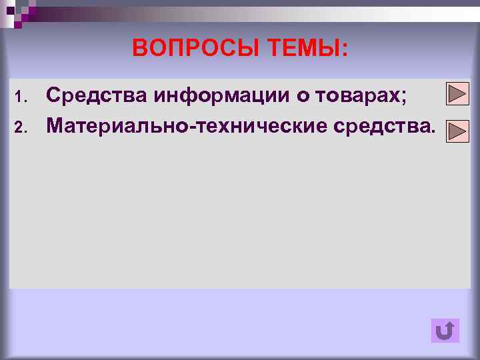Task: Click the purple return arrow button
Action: click(445, 331)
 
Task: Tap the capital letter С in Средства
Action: click(54, 96)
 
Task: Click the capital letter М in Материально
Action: click(55, 124)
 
